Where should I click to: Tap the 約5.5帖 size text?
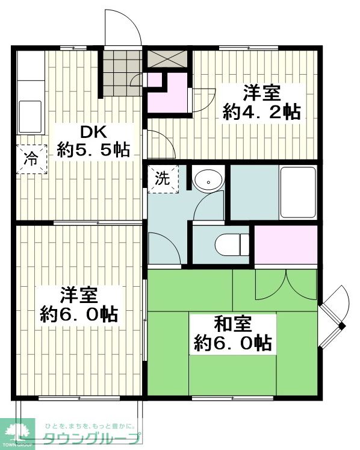[x=93, y=150]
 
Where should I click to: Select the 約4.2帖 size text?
[x=262, y=112]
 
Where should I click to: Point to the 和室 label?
[x=233, y=324]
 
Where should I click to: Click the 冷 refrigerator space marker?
[x=31, y=158]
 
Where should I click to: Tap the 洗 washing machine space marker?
[x=163, y=178]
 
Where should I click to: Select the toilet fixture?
[x=232, y=245]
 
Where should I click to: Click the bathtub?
[x=298, y=192]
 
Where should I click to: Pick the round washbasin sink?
[x=208, y=181]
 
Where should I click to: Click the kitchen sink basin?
[x=30, y=116]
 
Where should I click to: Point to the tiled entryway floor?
[x=122, y=73]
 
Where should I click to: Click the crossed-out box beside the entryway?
[x=167, y=59]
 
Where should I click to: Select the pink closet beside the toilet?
[x=286, y=245]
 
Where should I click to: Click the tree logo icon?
[x=18, y=433]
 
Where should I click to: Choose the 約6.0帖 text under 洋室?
[x=79, y=315]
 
